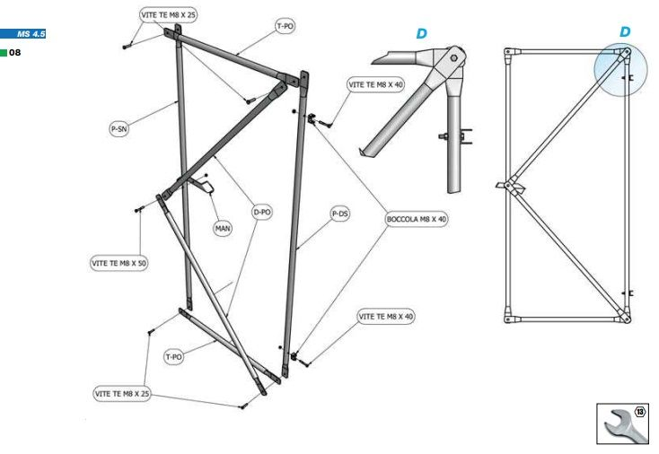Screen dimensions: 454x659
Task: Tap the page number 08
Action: [15, 53]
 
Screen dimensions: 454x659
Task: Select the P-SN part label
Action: [119, 129]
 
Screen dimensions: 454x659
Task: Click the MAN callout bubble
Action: [222, 229]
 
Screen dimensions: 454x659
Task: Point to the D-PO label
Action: [262, 213]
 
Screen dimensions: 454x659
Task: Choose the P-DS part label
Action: [339, 214]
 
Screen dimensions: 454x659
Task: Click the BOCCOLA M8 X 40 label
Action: [416, 219]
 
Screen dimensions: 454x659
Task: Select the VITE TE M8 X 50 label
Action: [119, 264]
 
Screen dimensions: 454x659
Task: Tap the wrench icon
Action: [622, 421]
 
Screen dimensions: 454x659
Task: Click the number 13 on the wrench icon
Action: [640, 411]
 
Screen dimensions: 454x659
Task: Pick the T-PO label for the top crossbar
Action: [285, 27]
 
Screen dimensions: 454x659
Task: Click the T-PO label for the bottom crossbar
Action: [173, 356]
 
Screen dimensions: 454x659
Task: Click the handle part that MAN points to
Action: [206, 188]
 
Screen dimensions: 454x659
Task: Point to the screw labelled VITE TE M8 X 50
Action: [139, 210]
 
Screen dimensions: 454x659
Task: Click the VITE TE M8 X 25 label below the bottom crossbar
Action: [122, 394]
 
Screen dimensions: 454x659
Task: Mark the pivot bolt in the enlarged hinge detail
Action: [455, 58]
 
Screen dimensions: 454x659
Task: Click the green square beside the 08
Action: [4, 53]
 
